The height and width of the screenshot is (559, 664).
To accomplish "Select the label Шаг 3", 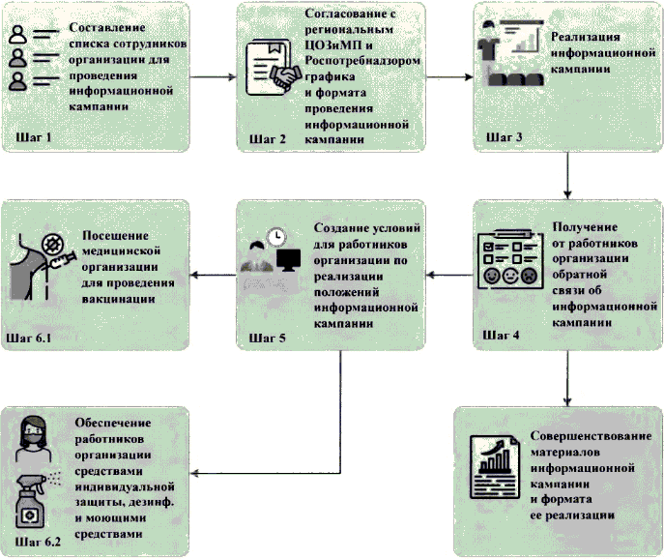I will tap(504, 136).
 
